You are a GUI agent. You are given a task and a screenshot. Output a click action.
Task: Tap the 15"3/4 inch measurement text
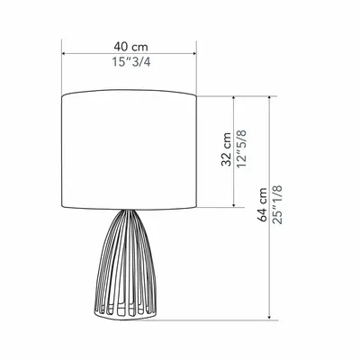pyautogui.click(x=130, y=62)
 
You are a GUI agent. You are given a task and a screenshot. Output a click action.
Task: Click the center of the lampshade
pyautogui.click(x=130, y=150)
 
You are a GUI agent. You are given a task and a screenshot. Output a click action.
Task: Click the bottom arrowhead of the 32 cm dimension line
pyautogui.click(x=234, y=206)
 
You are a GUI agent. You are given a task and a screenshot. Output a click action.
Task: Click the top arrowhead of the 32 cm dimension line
pyautogui.click(x=234, y=96)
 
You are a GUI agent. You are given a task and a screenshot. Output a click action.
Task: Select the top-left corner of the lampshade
pyautogui.click(x=63, y=94)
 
